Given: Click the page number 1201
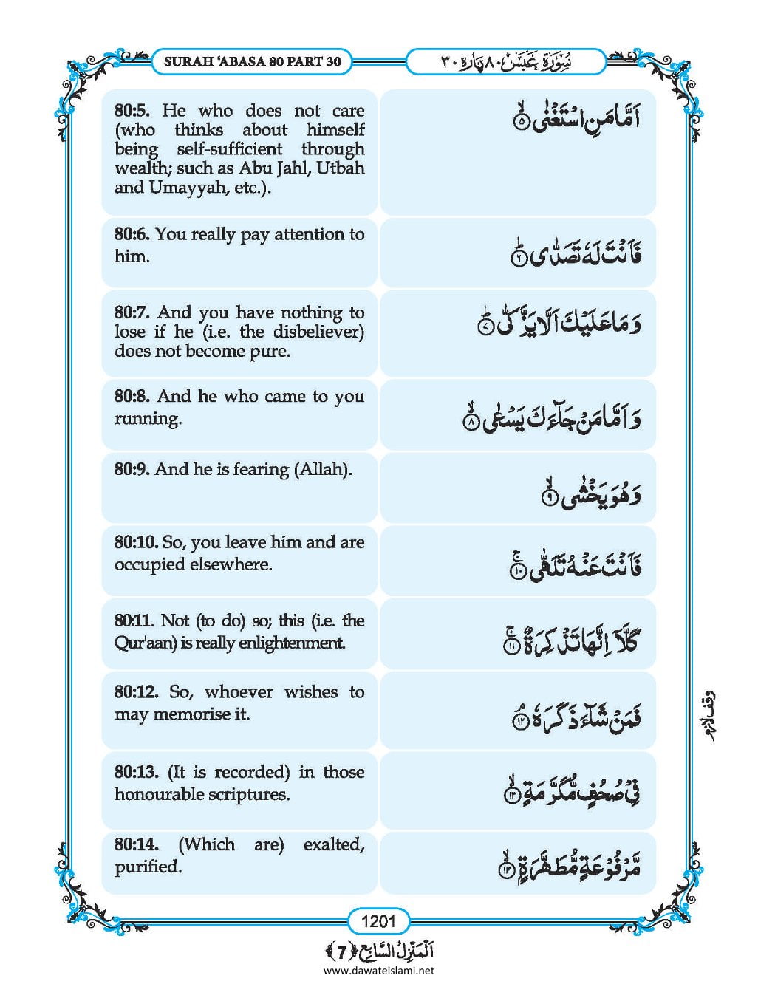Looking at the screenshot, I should pyautogui.click(x=379, y=920).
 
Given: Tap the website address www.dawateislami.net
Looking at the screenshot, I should pyautogui.click(x=378, y=971).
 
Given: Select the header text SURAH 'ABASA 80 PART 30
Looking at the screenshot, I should pyautogui.click(x=252, y=61).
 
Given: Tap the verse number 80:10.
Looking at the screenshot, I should pyautogui.click(x=136, y=542).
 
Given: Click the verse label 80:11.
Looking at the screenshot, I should pyautogui.click(x=134, y=621).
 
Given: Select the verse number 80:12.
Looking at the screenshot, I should pyautogui.click(x=136, y=693).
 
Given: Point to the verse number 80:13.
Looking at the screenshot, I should pyautogui.click(x=136, y=773).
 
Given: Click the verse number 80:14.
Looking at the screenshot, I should pyautogui.click(x=136, y=845).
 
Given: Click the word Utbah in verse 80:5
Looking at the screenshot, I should pyautogui.click(x=341, y=168).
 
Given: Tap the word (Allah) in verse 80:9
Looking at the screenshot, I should pyautogui.click(x=323, y=470).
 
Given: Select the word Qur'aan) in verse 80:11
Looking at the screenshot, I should pyautogui.click(x=145, y=643).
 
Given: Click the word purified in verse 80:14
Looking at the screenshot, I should pyautogui.click(x=148, y=867).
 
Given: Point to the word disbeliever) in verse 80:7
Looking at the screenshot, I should pyautogui.click(x=318, y=332).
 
